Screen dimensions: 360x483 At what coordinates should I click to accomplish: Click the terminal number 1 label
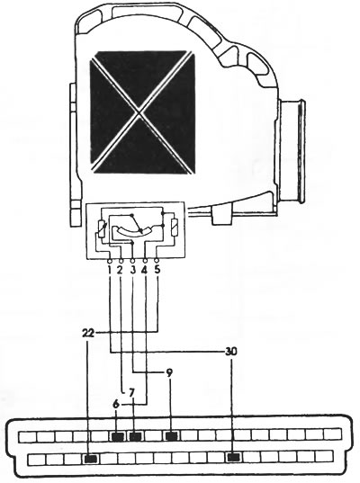click(110, 270)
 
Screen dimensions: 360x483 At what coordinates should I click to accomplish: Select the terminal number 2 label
click(121, 270)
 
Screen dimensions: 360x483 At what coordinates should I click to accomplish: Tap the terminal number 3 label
click(133, 270)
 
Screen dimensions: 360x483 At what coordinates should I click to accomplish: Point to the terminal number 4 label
click(144, 270)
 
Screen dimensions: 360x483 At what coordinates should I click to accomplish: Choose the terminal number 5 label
click(157, 270)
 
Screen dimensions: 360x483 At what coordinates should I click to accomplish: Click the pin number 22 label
click(88, 333)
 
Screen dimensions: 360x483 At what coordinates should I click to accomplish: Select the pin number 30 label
click(231, 352)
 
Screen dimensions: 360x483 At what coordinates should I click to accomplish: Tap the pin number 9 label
click(169, 373)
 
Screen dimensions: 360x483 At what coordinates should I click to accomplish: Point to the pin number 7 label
click(131, 393)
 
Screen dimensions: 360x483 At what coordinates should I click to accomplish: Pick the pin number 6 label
click(116, 405)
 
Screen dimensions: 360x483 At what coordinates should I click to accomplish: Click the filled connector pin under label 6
click(117, 436)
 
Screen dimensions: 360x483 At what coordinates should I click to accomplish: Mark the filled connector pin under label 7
click(135, 436)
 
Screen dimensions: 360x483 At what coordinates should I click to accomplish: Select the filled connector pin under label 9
click(171, 436)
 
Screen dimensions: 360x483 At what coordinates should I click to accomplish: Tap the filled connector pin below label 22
click(91, 459)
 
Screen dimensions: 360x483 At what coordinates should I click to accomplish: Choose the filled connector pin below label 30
click(234, 458)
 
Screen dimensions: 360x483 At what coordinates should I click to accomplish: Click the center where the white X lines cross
click(139, 112)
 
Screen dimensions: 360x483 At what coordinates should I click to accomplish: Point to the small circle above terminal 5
click(157, 261)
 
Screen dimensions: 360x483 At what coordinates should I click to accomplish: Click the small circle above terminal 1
click(109, 261)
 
